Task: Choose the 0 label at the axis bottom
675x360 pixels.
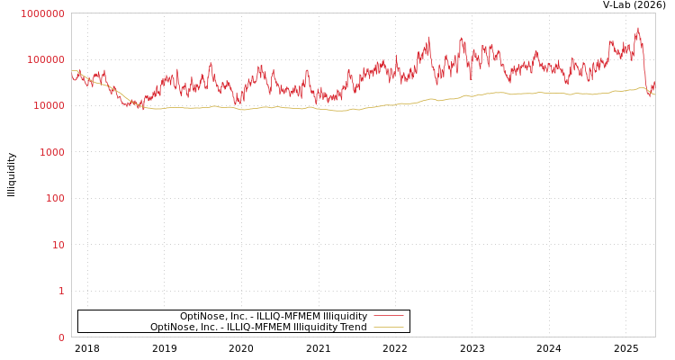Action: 61,337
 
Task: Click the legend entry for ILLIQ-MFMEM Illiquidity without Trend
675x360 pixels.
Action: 273,316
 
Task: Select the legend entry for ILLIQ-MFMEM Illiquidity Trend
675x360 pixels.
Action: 258,327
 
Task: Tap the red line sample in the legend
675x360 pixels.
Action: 388,316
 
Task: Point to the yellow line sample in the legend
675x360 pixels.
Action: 388,327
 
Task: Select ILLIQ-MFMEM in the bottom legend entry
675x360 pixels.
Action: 257,327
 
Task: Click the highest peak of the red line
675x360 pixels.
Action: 638,28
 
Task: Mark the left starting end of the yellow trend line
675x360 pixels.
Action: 73,70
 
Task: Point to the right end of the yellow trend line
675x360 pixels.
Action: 654,94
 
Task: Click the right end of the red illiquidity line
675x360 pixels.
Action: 654,83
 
